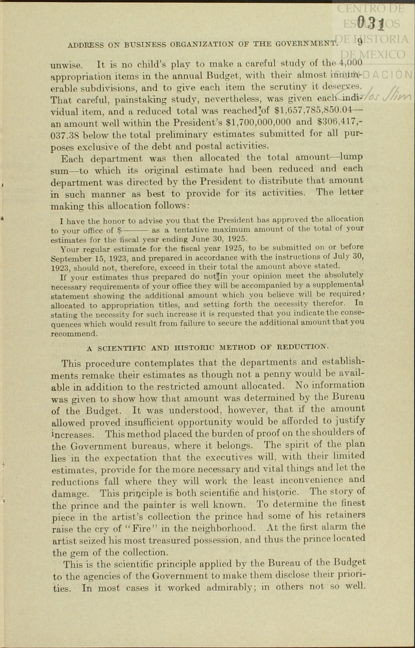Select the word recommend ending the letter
coord(74,334)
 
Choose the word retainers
coord(345,515)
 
